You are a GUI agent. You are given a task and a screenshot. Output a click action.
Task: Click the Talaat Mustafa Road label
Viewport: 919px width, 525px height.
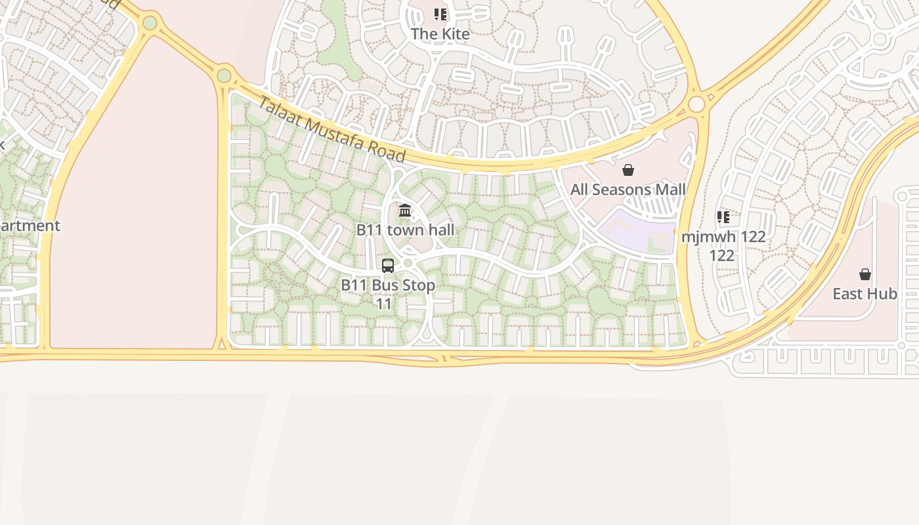tap(331, 129)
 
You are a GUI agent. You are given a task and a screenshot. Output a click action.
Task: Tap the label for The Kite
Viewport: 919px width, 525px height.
tap(440, 33)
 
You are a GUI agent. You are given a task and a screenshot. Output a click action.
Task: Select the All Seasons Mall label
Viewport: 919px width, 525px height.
tap(628, 190)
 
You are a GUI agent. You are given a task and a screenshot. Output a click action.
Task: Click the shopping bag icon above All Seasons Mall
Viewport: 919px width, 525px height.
tap(628, 171)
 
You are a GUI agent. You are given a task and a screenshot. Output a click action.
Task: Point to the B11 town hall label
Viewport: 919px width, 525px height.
tap(405, 230)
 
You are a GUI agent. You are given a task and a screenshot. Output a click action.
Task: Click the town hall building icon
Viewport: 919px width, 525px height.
tap(405, 211)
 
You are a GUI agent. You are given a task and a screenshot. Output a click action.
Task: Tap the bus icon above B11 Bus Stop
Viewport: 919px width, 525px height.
tap(388, 266)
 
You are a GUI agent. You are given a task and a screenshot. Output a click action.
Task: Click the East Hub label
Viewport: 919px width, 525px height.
tap(865, 293)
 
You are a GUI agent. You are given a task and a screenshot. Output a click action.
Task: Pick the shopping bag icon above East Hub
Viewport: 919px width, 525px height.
tap(865, 274)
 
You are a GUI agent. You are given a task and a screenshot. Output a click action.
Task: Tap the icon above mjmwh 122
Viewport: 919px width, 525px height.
tap(723, 217)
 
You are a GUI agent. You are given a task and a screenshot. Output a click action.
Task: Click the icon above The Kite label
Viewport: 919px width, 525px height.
tap(440, 14)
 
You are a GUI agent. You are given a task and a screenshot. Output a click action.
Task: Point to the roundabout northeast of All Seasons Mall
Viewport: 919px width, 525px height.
tap(696, 104)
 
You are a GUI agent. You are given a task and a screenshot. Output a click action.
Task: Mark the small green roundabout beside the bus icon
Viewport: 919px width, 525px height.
tap(408, 263)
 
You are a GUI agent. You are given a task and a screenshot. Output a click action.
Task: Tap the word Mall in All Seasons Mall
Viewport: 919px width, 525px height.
tap(668, 190)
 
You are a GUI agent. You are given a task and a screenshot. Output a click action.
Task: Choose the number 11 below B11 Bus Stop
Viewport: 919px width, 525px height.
tap(384, 304)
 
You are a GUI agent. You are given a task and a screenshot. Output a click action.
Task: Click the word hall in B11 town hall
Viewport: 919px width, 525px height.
tap(439, 230)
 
